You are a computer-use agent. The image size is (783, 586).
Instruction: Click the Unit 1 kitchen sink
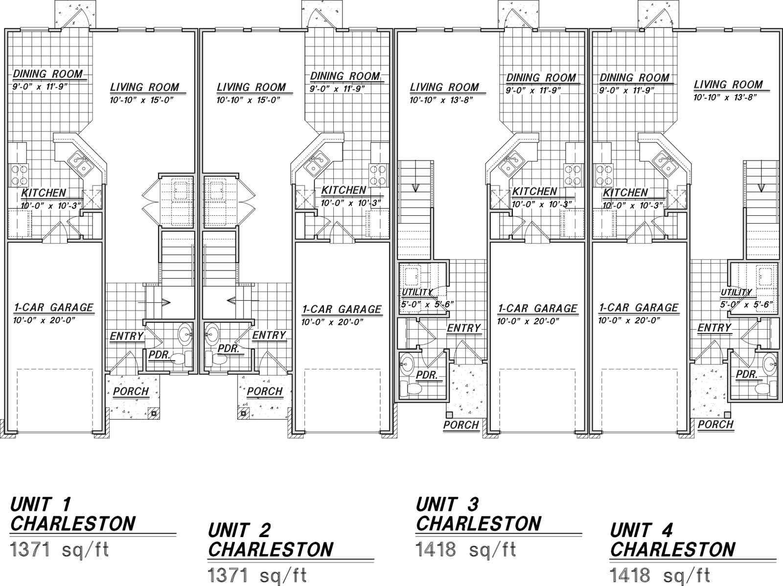point(81,163)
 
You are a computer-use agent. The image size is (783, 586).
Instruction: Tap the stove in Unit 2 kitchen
point(378,175)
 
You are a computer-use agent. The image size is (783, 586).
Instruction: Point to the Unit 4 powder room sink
point(770,364)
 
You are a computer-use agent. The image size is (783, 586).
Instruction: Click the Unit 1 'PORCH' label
point(131,391)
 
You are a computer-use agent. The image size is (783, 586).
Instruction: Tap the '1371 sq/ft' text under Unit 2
point(257,575)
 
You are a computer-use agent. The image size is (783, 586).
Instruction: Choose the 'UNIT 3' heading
point(447,504)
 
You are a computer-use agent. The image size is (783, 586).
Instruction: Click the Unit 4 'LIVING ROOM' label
point(728,85)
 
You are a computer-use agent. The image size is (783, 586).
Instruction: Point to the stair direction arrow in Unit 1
point(154,302)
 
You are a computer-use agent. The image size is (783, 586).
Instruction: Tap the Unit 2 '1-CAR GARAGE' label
point(342,309)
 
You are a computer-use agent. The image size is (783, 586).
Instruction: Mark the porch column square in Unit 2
point(243,414)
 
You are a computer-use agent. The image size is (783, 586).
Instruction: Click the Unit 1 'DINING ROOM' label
point(48,74)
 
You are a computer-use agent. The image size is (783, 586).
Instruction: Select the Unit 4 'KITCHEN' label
point(625,193)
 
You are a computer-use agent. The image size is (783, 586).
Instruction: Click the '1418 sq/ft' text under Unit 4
point(660,575)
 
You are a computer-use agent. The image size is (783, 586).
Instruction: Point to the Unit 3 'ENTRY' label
point(464,328)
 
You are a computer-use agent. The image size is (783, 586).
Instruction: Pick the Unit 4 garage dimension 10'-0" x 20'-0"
point(629,320)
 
